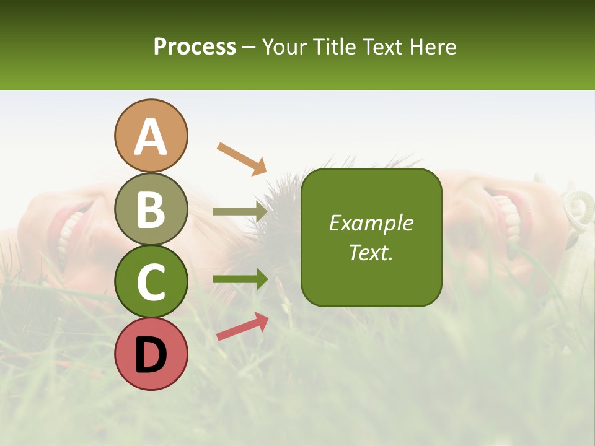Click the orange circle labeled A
pos(151,136)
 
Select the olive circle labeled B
pos(151,209)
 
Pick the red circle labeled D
pos(151,354)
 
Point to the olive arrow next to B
pos(239,211)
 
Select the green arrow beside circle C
pos(239,279)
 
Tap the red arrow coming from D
pos(242,326)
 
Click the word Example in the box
pos(371,223)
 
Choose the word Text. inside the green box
pos(371,252)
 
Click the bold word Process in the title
pos(195,47)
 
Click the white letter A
pos(151,137)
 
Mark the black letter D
pos(151,355)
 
